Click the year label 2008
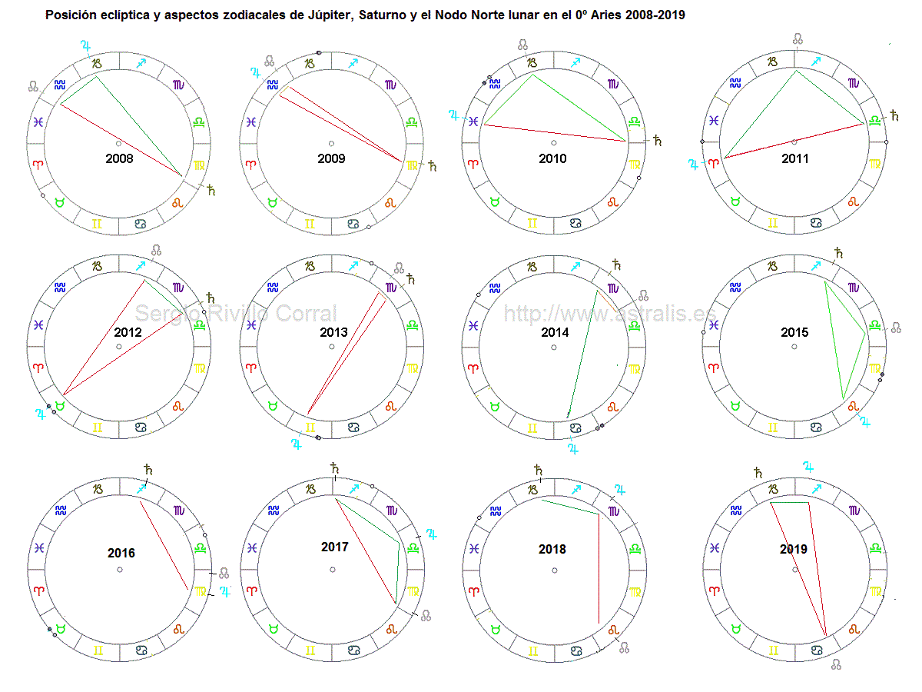coord(119,159)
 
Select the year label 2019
coord(794,549)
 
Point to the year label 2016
coord(121,554)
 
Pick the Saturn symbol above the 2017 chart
coord(333,467)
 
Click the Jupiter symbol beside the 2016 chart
coord(225,591)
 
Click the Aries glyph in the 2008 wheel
coord(38,164)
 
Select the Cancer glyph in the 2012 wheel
coord(141,428)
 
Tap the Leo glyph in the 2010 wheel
coord(613,202)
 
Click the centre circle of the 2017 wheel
coord(333,570)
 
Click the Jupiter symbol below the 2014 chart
coord(572,448)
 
